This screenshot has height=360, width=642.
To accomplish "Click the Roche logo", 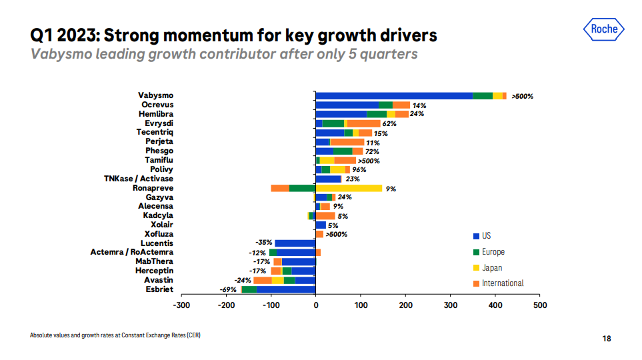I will (605, 29).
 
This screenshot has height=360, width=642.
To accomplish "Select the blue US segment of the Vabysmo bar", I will (394, 96).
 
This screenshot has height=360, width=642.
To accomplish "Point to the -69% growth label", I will (229, 290).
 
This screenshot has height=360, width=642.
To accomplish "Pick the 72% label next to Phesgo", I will (372, 151).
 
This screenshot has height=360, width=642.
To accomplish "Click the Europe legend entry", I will (493, 252).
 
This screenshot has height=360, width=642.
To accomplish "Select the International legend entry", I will (502, 283).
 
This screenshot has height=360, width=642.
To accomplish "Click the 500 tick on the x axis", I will (540, 305).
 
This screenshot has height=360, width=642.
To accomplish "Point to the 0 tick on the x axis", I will (315, 305).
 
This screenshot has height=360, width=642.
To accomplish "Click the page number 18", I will (607, 339).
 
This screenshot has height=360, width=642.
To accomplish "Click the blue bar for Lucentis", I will (295, 243).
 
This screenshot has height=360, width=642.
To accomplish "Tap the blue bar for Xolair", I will (321, 225).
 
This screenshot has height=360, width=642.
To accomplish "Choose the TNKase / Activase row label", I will (139, 179).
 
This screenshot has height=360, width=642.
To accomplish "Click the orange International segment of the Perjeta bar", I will (347, 142).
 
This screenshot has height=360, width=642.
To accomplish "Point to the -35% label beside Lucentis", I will (265, 243).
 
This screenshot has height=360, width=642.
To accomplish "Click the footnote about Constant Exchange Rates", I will (115, 335).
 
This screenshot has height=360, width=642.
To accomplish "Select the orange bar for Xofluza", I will (319, 234).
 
